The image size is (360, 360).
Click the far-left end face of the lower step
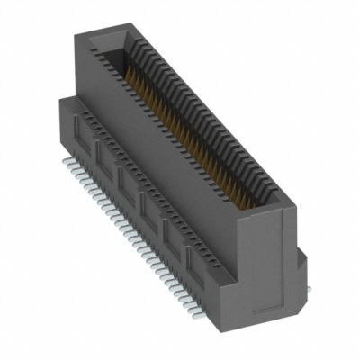click(67, 121)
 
